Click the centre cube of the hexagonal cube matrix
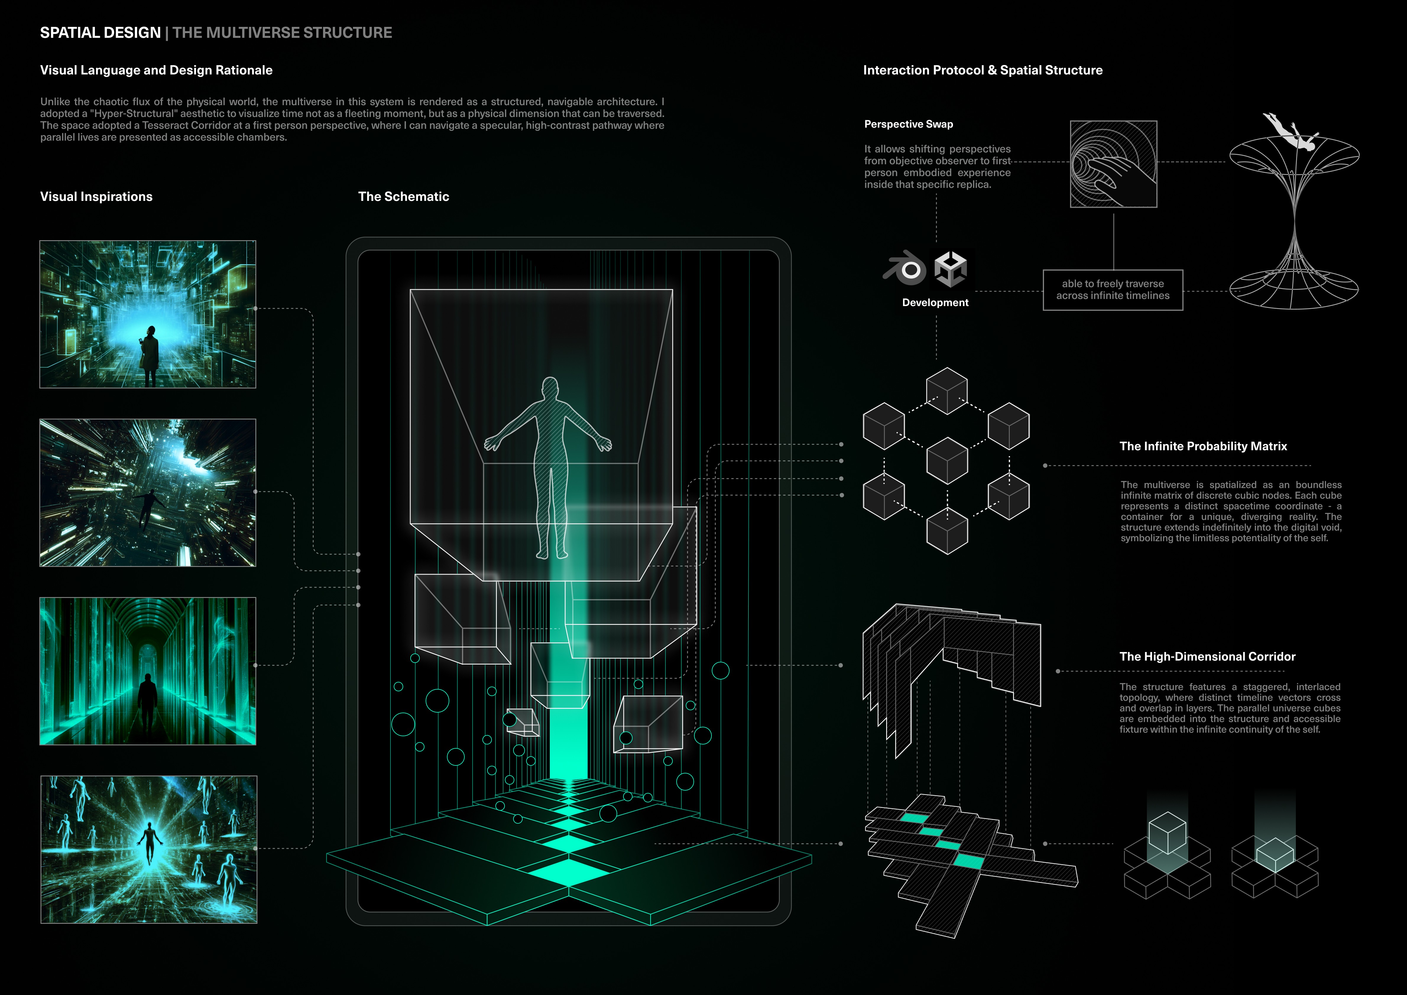(x=947, y=461)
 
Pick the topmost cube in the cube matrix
(x=947, y=390)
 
